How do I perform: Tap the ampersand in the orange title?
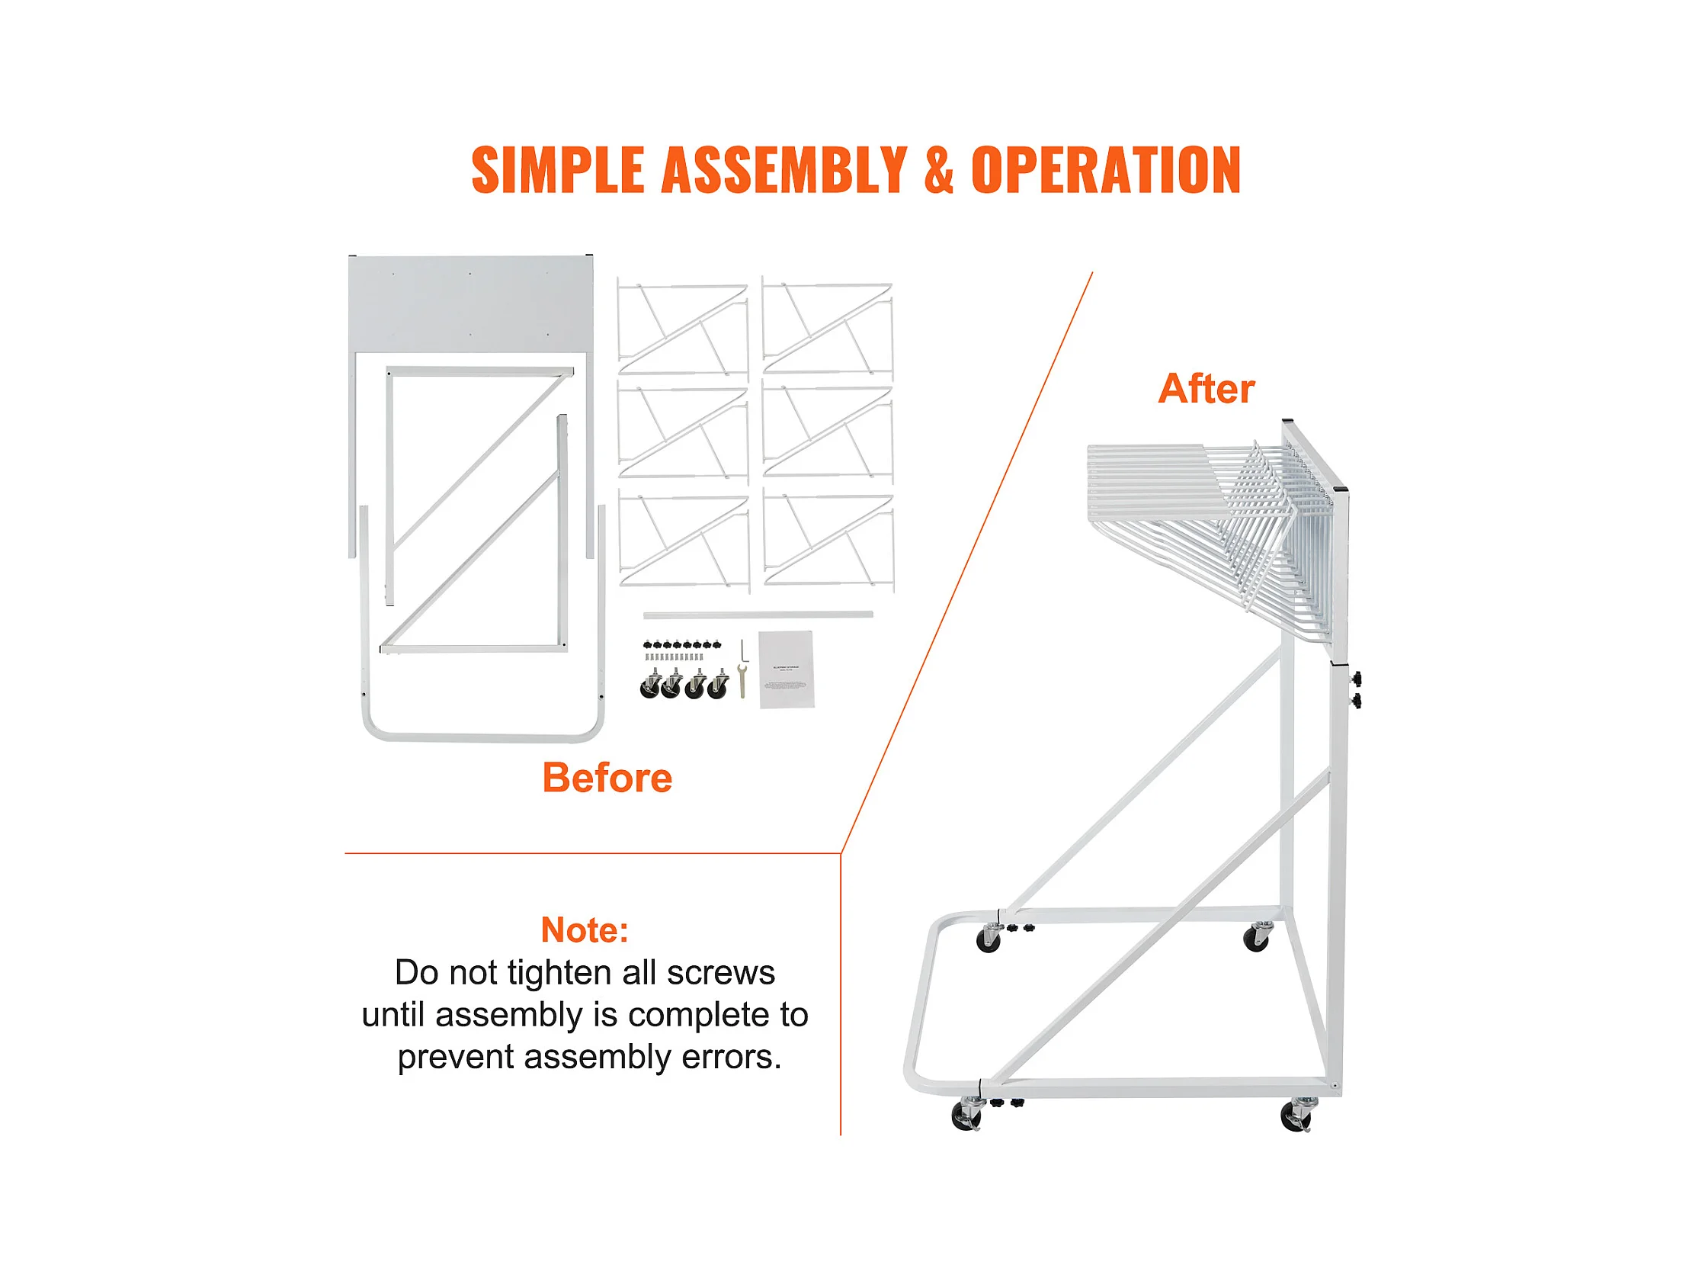[938, 170]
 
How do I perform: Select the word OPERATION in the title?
[1106, 170]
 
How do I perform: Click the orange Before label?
[607, 777]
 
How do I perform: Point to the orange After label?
[1206, 389]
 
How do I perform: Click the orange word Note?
[585, 929]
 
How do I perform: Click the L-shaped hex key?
[744, 650]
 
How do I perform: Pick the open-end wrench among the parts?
[742, 681]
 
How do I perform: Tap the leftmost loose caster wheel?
[650, 685]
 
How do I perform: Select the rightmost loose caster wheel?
[719, 685]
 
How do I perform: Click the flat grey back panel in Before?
[470, 303]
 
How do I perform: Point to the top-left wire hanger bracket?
[683, 329]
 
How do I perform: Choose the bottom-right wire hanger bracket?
[828, 541]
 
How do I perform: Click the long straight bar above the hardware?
[758, 615]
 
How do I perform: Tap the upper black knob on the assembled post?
[1356, 679]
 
